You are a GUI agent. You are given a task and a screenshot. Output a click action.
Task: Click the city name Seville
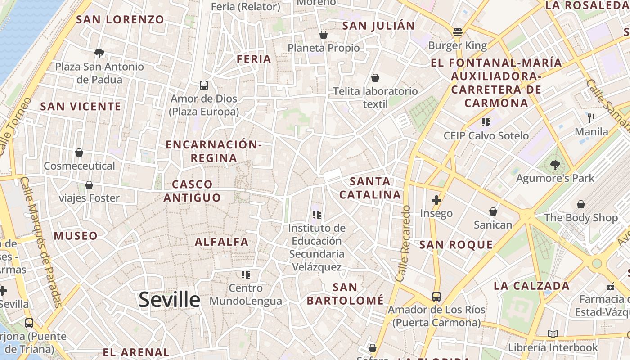(x=169, y=299)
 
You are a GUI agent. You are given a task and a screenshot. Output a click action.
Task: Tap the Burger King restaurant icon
(x=458, y=32)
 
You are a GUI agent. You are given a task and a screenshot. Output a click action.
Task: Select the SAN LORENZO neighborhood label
(x=120, y=19)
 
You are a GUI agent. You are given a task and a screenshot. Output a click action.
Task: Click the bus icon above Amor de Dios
(x=204, y=85)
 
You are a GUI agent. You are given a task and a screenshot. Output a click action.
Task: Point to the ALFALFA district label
(x=221, y=242)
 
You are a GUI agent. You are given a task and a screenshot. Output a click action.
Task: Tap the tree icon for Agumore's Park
(x=555, y=165)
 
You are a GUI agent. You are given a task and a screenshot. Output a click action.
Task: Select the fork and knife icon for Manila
(x=591, y=118)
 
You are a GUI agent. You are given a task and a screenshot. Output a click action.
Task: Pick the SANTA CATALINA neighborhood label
(x=370, y=188)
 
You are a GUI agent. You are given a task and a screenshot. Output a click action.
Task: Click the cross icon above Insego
(x=436, y=200)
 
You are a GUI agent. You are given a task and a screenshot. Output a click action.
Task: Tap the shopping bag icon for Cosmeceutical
(x=79, y=153)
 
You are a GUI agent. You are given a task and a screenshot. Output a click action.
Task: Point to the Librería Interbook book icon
(x=553, y=334)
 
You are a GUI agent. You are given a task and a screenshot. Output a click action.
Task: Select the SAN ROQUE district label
(x=456, y=245)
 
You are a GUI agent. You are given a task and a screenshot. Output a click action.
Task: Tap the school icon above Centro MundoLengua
(x=245, y=274)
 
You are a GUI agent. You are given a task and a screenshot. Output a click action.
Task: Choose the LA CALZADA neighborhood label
(x=531, y=286)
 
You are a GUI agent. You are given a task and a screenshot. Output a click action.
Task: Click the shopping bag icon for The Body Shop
(x=581, y=204)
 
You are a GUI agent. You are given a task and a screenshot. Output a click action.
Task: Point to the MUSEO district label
(x=76, y=236)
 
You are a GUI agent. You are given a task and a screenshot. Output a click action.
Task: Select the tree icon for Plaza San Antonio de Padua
(x=99, y=54)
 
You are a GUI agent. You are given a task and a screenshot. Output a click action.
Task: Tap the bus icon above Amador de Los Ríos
(x=436, y=296)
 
